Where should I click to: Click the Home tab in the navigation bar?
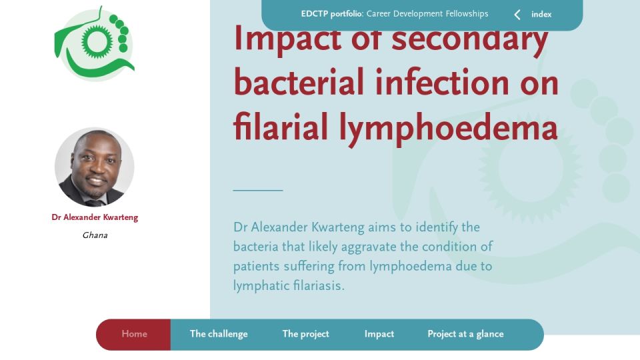pyautogui.click(x=134, y=334)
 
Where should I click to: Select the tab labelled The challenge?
pyautogui.click(x=219, y=334)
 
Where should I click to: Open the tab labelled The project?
pyautogui.click(x=306, y=334)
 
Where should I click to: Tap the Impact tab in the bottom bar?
pyautogui.click(x=379, y=334)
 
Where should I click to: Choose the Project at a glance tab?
pyautogui.click(x=465, y=334)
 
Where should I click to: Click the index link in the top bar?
pyautogui.click(x=541, y=14)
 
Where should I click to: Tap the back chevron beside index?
pyautogui.click(x=517, y=15)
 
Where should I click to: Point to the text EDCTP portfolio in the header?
pyautogui.click(x=331, y=14)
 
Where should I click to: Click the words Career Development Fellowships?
pyautogui.click(x=427, y=14)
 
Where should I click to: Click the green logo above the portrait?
pyautogui.click(x=95, y=44)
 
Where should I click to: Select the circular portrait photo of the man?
pyautogui.click(x=95, y=167)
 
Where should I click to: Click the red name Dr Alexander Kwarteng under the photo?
pyautogui.click(x=95, y=217)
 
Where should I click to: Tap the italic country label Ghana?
pyautogui.click(x=95, y=235)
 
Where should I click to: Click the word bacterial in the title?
pyautogui.click(x=299, y=82)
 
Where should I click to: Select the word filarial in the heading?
pyautogui.click(x=281, y=126)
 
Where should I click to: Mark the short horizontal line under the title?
pyautogui.click(x=258, y=190)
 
